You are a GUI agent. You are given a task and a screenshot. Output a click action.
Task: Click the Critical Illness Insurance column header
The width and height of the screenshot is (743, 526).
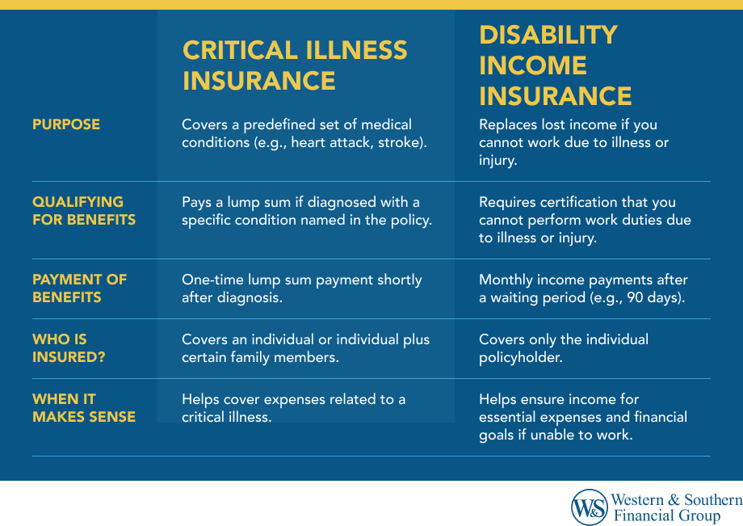pyautogui.click(x=295, y=65)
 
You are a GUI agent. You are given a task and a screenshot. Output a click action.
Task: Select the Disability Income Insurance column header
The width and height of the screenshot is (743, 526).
pyautogui.click(x=556, y=65)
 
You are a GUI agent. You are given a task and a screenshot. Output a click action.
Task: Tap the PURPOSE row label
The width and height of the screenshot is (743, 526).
pyautogui.click(x=66, y=124)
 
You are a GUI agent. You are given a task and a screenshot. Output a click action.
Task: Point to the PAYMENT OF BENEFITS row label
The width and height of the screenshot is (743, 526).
pyautogui.click(x=79, y=288)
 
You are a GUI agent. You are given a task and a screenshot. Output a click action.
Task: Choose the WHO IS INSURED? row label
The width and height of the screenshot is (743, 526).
pyautogui.click(x=69, y=348)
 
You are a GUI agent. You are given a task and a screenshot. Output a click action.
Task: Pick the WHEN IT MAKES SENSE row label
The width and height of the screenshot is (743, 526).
pyautogui.click(x=83, y=408)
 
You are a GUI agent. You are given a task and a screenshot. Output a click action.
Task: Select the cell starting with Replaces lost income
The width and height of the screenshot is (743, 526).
pyautogui.click(x=573, y=142)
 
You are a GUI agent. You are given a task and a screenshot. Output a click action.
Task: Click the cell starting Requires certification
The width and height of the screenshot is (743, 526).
pyautogui.click(x=585, y=220)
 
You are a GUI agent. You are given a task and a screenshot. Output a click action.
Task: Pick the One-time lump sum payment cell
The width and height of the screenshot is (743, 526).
pyautogui.click(x=301, y=288)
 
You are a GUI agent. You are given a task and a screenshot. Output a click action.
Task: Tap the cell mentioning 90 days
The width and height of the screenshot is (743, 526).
pyautogui.click(x=583, y=288)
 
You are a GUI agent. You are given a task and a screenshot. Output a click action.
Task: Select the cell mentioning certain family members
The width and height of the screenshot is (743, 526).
pyautogui.click(x=305, y=348)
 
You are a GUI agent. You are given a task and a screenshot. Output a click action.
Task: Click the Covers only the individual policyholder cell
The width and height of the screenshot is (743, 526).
pyautogui.click(x=563, y=348)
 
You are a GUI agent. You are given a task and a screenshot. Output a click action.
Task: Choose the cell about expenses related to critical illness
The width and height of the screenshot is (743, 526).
pyautogui.click(x=293, y=408)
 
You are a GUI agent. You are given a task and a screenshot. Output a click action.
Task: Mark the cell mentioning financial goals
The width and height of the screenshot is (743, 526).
pyautogui.click(x=582, y=417)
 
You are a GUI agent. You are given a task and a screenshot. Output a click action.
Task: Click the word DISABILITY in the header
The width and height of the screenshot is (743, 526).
pyautogui.click(x=548, y=35)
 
